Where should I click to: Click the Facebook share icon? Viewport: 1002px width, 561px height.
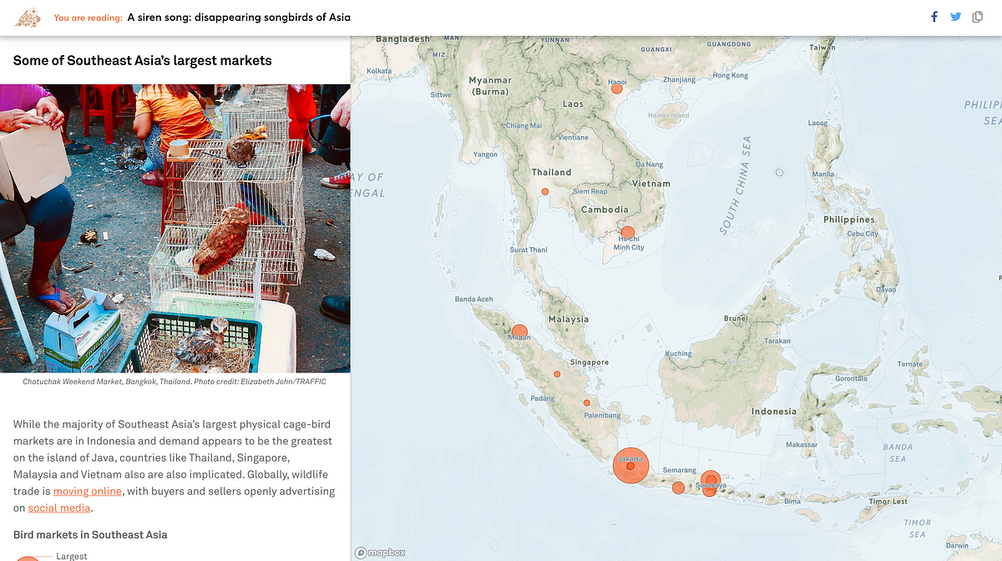tap(934, 17)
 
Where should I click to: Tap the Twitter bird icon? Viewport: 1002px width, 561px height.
tap(955, 17)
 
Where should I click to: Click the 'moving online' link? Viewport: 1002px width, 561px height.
tap(88, 491)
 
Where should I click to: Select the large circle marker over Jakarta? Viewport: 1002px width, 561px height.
tap(630, 466)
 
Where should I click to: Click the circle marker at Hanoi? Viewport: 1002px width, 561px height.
tap(617, 88)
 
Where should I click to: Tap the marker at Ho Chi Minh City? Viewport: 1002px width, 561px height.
tap(628, 233)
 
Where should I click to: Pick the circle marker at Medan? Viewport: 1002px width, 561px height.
tap(519, 331)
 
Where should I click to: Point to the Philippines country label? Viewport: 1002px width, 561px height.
tap(849, 220)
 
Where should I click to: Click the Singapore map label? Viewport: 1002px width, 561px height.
tap(590, 362)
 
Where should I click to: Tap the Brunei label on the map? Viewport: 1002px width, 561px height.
tap(736, 318)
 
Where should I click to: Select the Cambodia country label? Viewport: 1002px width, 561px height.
tap(605, 210)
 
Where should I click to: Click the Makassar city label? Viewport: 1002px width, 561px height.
tap(802, 445)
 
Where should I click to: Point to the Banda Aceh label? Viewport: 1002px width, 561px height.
tap(473, 299)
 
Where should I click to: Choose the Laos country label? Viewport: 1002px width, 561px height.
tap(574, 104)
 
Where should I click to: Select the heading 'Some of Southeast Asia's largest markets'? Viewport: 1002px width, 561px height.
tap(142, 60)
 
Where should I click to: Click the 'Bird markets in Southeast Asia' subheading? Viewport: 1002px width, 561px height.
tap(90, 534)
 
